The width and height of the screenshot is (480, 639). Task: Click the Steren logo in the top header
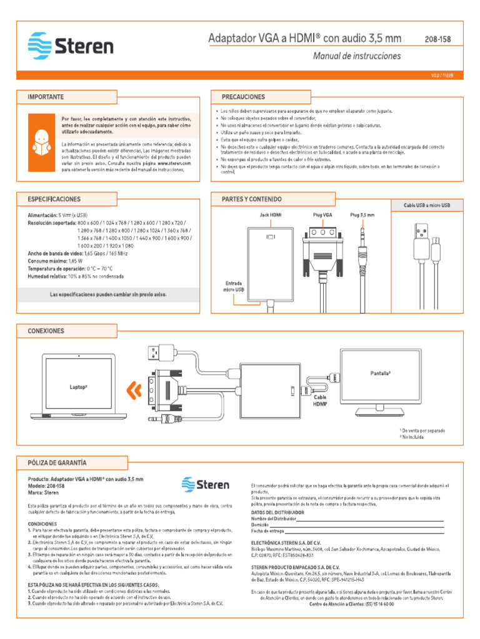(x=70, y=46)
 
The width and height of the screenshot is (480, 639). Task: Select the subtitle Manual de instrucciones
(x=356, y=56)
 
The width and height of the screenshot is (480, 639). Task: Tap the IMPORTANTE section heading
(x=46, y=97)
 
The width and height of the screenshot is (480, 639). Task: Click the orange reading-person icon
(x=42, y=142)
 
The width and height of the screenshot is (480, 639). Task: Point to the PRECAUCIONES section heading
(x=243, y=97)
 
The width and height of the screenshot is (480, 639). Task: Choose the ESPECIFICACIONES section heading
(x=54, y=199)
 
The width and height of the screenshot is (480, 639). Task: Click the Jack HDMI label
(x=271, y=215)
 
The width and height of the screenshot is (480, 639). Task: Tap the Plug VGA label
(x=322, y=215)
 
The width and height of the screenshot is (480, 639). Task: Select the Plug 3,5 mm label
(x=362, y=215)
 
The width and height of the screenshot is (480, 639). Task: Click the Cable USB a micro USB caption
(x=426, y=205)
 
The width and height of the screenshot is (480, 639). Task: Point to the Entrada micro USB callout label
(x=234, y=286)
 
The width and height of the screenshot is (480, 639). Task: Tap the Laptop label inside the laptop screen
(x=78, y=386)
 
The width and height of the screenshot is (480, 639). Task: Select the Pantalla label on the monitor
(x=380, y=373)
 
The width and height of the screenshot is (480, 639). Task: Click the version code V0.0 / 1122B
(x=441, y=74)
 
